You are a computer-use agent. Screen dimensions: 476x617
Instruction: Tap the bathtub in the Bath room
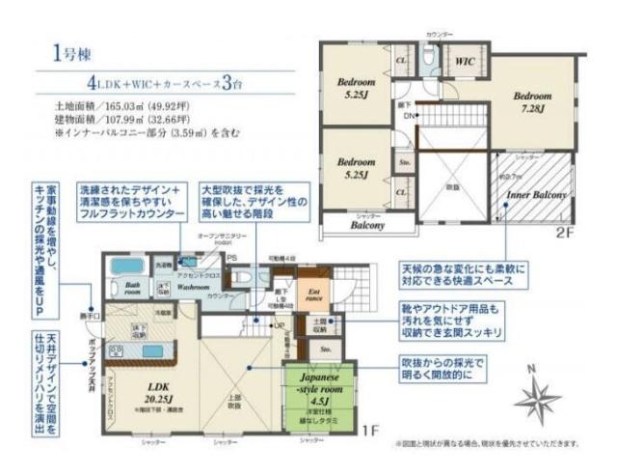point(125,266)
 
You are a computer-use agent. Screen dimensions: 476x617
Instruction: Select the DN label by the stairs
point(409,117)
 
